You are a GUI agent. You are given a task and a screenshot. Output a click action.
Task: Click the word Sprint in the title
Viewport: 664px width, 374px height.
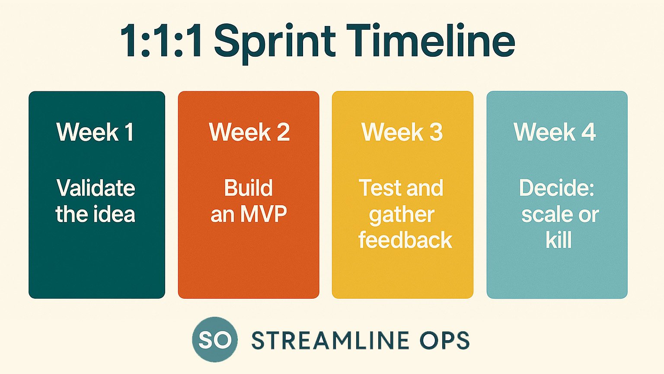[x=275, y=43]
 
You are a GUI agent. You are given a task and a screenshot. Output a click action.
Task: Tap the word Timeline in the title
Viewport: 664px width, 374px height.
[x=431, y=40]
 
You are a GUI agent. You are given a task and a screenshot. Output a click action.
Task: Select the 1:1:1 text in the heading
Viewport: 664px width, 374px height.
[x=162, y=40]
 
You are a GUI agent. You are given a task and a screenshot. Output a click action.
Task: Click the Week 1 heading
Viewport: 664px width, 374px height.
[x=95, y=132]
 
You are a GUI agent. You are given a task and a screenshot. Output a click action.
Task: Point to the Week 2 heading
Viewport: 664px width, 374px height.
[x=249, y=132]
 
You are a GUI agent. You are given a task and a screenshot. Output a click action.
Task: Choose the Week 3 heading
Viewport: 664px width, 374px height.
[x=402, y=132]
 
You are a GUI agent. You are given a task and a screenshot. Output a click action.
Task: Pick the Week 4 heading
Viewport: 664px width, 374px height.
[x=555, y=132]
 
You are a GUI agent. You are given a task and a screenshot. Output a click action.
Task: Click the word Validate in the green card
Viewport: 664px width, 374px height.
[x=96, y=188]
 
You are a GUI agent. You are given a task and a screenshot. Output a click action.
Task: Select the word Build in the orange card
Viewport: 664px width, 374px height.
[x=248, y=188]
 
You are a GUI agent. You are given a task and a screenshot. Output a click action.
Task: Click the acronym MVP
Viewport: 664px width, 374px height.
[x=264, y=214]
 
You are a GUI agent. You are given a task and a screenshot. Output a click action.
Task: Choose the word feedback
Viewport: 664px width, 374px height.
[x=405, y=240]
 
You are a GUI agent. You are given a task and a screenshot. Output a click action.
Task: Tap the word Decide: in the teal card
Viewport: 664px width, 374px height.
[x=557, y=188]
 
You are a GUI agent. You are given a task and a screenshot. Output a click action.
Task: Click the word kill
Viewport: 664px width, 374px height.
[x=559, y=240]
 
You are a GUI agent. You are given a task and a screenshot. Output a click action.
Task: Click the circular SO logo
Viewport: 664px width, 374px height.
[x=215, y=339]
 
